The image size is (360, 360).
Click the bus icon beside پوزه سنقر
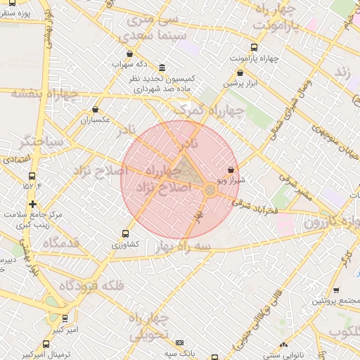coord(11,3)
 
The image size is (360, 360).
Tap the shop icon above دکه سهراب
coord(129,54)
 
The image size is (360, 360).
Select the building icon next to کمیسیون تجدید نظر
coord(162,67)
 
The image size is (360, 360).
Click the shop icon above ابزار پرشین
coord(240,72)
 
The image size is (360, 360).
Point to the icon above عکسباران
coord(95,109)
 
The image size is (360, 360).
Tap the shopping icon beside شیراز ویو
coord(232,169)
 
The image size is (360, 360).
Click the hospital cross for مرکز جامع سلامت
coord(32,204)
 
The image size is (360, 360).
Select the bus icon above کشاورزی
coord(126,233)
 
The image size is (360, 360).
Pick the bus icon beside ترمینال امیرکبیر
coord(46,344)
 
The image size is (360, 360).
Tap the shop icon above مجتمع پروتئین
coord(336,290)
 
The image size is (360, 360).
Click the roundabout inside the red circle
coord(210,191)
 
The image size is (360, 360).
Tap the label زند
coord(342,72)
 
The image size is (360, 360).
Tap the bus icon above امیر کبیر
coord(65,318)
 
